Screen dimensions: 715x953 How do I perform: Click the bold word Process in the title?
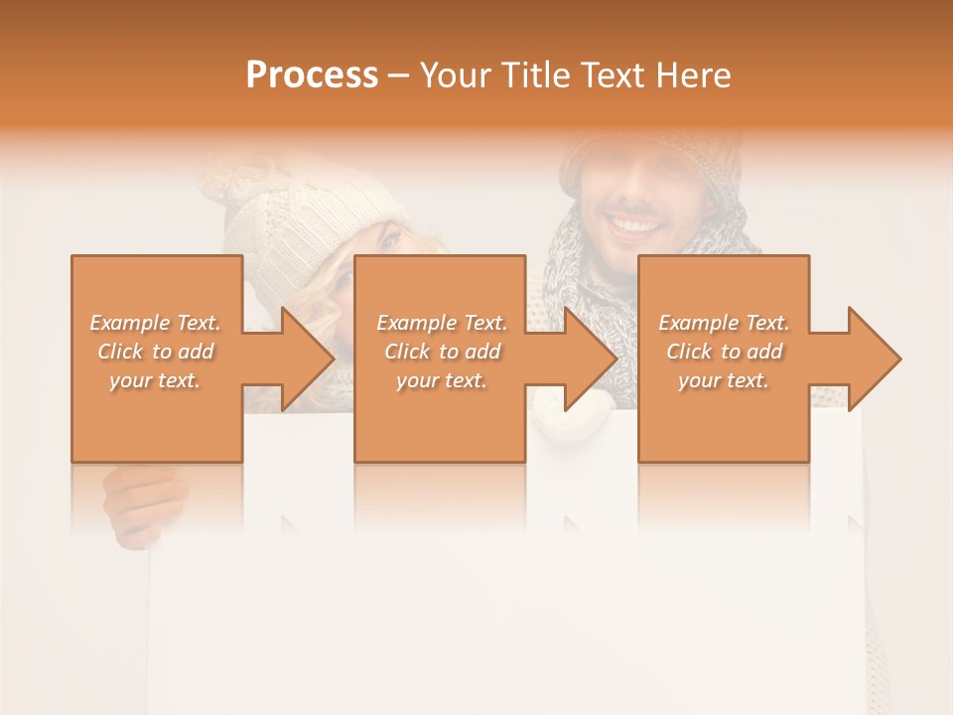312,75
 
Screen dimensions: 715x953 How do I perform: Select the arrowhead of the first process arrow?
308,358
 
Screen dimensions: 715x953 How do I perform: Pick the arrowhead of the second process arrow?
591,358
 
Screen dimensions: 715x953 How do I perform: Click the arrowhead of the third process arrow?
874,358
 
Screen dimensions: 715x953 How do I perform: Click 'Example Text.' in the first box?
155,323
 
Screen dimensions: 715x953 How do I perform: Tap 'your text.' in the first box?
155,380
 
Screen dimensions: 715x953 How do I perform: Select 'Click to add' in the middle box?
442,352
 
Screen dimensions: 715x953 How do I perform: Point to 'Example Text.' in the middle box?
442,323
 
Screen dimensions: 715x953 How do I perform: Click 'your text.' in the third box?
723,380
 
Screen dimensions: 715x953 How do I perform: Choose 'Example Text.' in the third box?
723,323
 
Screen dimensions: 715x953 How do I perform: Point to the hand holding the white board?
141,501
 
